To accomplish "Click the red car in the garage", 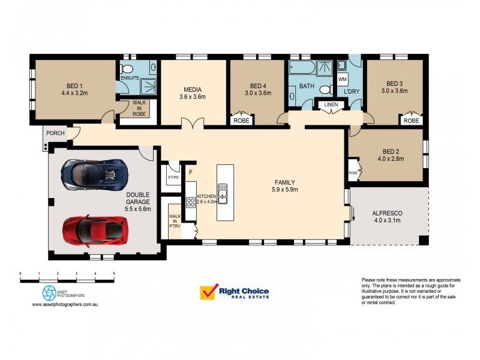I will [x=96, y=229].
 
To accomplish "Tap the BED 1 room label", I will [x=74, y=89].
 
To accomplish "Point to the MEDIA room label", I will [x=193, y=93].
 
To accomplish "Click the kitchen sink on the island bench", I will [x=222, y=193].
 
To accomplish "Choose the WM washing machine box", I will [x=342, y=79].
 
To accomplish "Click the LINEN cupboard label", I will [x=331, y=105].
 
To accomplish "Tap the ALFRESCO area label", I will [x=387, y=217].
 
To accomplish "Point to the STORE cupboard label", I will [x=173, y=178].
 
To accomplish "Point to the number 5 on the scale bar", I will [x=114, y=274].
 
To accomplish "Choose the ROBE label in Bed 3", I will [x=411, y=121].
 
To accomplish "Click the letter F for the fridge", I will [x=190, y=172].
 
